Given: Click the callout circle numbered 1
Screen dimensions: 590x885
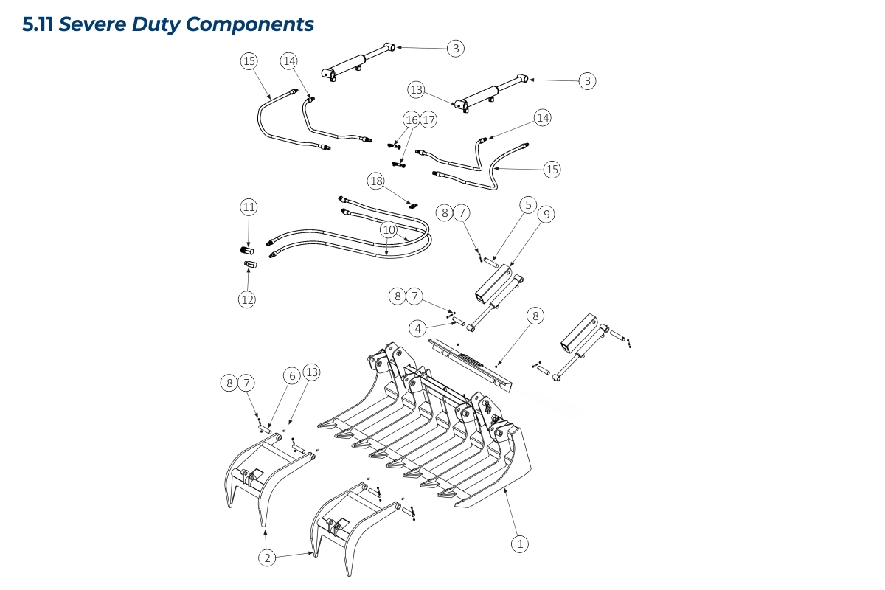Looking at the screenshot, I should (520, 544).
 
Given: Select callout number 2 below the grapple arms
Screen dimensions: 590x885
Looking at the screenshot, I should (268, 558).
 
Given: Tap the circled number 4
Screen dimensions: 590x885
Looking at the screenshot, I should (418, 328).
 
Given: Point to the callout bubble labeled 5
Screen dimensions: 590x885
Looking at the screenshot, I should (528, 204).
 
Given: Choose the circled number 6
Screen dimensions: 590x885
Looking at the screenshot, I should (292, 376).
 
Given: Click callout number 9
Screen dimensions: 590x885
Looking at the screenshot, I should (546, 215).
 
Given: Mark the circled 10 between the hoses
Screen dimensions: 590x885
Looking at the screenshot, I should (389, 230).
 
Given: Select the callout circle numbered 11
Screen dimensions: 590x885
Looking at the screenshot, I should (249, 207).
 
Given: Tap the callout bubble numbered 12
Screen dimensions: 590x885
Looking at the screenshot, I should (246, 299).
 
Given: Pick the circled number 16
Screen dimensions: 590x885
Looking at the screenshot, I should (412, 119).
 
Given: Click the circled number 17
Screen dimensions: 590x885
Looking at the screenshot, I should (428, 119).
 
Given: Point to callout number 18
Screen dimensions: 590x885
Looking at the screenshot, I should (376, 181).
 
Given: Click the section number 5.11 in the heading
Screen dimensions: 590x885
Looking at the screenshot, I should (38, 24).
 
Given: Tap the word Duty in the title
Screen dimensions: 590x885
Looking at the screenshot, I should (156, 24).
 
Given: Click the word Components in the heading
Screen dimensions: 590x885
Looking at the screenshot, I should (250, 24).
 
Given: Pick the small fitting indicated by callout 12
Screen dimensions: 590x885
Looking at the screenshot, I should (249, 265).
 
